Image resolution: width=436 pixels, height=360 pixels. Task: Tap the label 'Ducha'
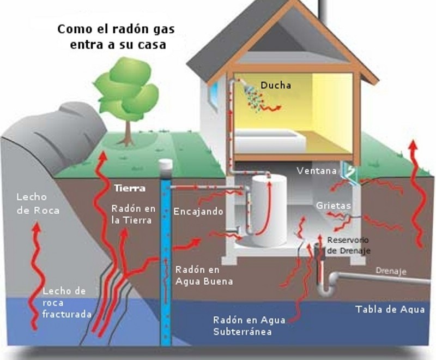point(275,85)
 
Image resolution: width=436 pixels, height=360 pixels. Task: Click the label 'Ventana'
point(316,171)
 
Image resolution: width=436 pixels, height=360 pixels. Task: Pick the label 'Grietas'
point(333,206)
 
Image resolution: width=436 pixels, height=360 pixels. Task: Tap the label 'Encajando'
point(198,212)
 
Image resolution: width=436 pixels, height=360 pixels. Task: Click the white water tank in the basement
point(268,211)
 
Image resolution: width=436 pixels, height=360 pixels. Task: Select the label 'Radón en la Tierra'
point(133,214)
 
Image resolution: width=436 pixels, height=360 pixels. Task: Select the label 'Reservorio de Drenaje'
point(348,245)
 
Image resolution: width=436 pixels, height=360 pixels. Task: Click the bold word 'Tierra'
point(130,189)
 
